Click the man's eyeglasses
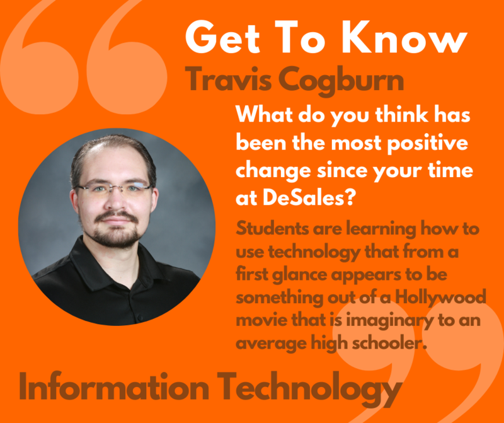tap(115, 188)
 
